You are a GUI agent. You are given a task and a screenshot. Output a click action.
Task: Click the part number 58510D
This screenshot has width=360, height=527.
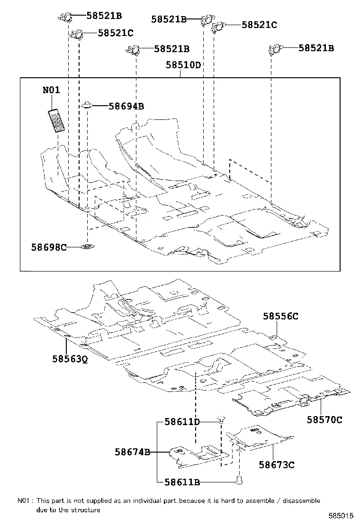click(x=183, y=65)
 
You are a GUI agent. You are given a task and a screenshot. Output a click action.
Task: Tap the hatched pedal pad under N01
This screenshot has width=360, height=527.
click(x=57, y=121)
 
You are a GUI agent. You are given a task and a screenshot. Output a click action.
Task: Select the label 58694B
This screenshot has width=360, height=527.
click(x=126, y=106)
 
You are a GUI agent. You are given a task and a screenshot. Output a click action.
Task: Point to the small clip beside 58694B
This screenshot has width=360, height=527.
click(x=88, y=104)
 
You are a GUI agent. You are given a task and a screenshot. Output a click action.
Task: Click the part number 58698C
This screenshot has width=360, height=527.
click(x=49, y=247)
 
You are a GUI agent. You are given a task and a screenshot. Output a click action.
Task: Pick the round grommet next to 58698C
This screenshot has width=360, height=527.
click(x=88, y=246)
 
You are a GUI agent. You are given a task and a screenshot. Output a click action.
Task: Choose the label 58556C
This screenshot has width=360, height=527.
click(x=281, y=316)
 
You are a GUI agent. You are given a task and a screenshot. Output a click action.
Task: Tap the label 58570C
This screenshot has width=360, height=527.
click(x=324, y=419)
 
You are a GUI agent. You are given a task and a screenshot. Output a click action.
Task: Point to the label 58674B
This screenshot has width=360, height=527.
click(x=132, y=452)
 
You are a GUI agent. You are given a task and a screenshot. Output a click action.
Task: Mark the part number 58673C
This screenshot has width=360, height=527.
click(x=277, y=465)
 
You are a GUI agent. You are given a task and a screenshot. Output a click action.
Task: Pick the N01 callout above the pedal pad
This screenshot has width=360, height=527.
click(x=51, y=90)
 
